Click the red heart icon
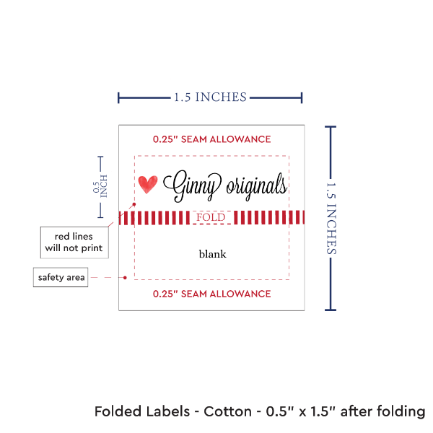(x=148, y=185)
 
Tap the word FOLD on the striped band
(x=211, y=217)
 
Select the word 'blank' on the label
(x=212, y=254)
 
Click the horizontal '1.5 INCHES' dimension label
(x=210, y=97)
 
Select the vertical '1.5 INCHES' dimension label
(x=333, y=218)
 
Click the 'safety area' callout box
(x=61, y=277)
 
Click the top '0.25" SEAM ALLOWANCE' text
(x=211, y=139)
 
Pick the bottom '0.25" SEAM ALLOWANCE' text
(x=211, y=294)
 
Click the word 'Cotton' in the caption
(x=229, y=412)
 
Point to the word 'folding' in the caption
(x=399, y=412)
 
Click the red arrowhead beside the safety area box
(x=126, y=277)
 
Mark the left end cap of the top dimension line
(x=119, y=97)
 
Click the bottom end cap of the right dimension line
(x=331, y=310)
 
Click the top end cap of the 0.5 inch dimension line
(x=100, y=157)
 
